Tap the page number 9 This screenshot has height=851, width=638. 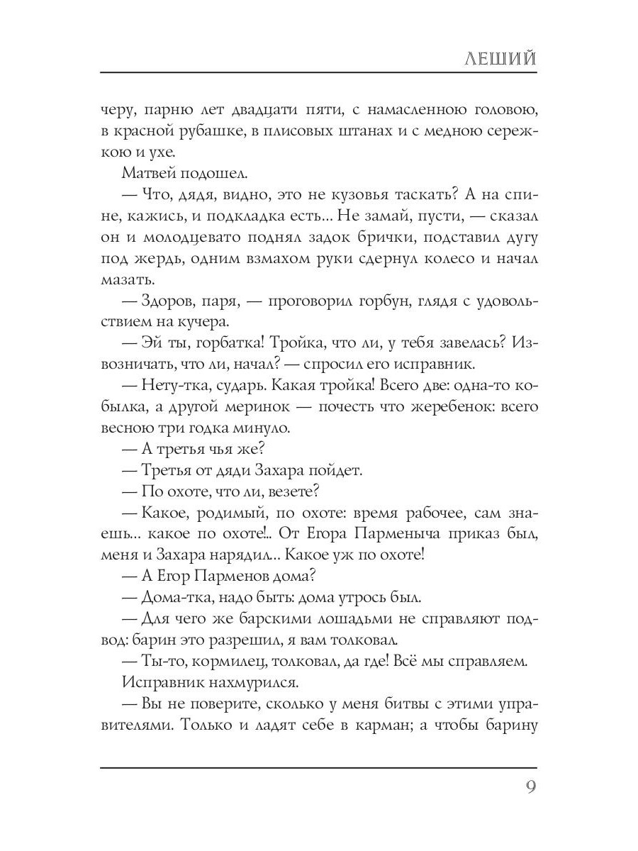click(530, 789)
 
